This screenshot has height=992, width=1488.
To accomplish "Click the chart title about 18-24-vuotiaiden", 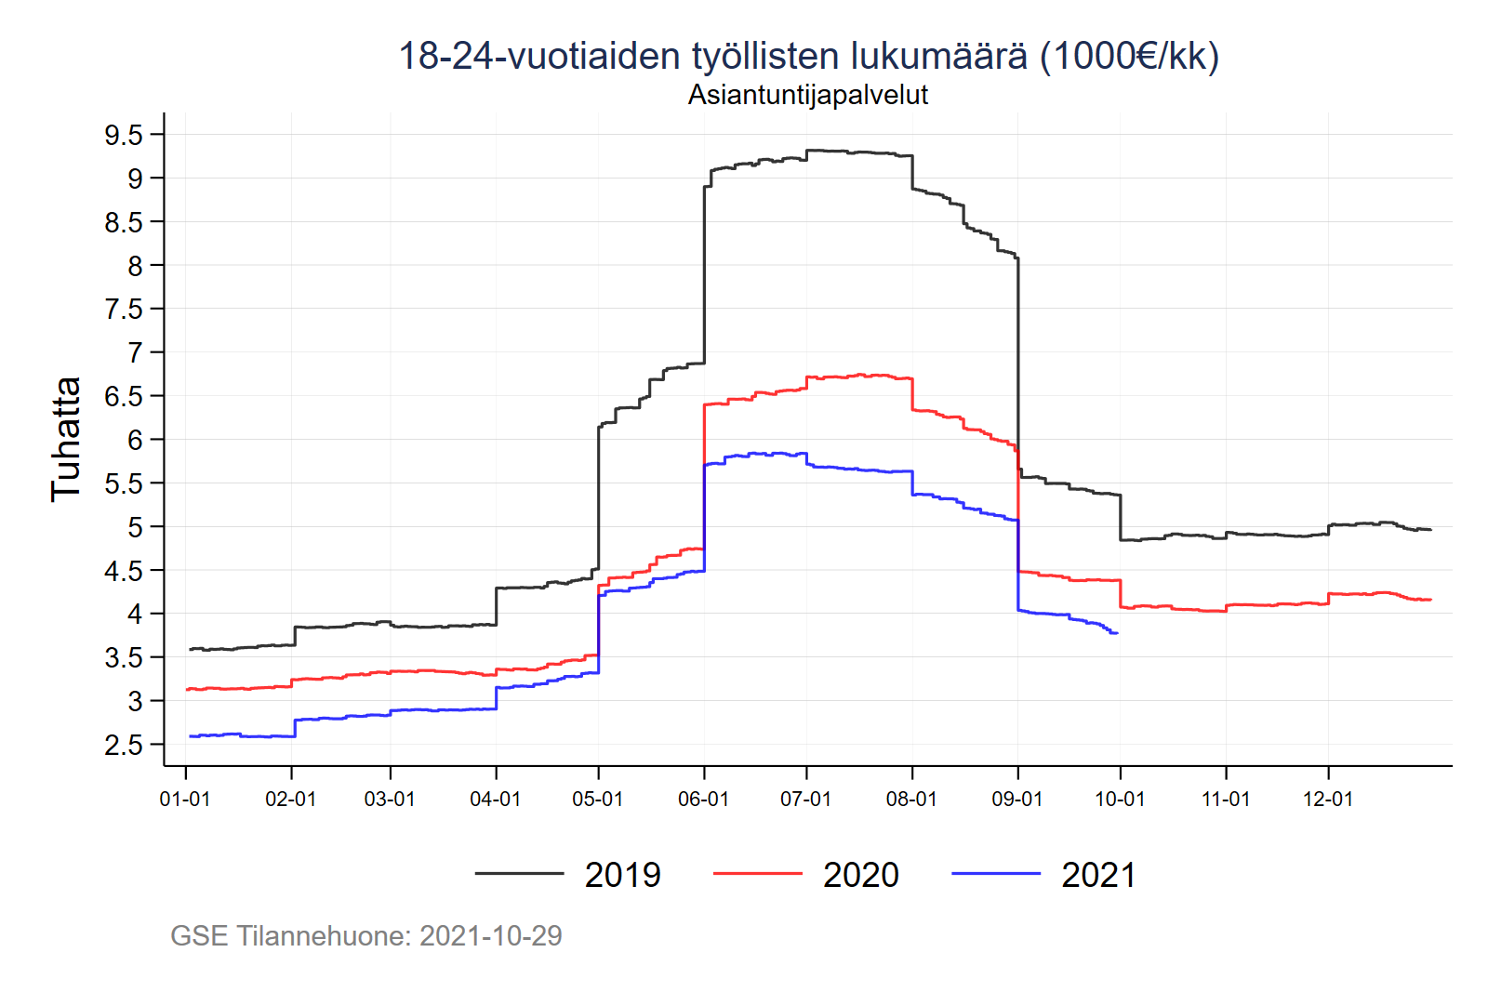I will pyautogui.click(x=808, y=56).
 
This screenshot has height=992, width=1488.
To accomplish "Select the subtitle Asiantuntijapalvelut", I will pyautogui.click(x=808, y=95).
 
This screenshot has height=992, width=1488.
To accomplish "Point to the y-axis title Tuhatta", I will pyautogui.click(x=66, y=439).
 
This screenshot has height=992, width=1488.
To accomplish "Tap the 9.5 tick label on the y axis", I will pyautogui.click(x=124, y=136).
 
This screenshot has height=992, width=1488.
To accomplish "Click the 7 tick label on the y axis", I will pyautogui.click(x=136, y=353).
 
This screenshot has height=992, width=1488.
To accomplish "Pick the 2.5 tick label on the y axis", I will pyautogui.click(x=124, y=746).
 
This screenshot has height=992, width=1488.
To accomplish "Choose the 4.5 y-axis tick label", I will pyautogui.click(x=124, y=571).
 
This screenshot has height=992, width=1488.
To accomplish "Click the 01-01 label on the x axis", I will pyautogui.click(x=185, y=800).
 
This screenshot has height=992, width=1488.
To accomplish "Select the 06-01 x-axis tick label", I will pyautogui.click(x=703, y=800).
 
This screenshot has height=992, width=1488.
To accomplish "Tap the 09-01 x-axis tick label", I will pyautogui.click(x=1017, y=800).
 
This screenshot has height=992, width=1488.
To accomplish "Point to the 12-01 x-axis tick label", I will pyautogui.click(x=1328, y=800).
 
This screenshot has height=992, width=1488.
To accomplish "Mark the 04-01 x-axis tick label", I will pyautogui.click(x=496, y=800).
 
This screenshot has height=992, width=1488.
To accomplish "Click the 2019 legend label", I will pyautogui.click(x=622, y=875).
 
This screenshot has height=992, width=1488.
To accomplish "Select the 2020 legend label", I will pyautogui.click(x=861, y=875).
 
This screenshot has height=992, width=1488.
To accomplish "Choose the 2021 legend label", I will pyautogui.click(x=1099, y=875).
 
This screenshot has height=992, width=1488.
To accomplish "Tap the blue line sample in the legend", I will pyautogui.click(x=996, y=874).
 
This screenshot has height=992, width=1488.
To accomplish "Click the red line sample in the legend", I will pyautogui.click(x=757, y=874).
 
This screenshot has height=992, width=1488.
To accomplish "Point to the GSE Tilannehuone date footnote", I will pyautogui.click(x=366, y=935).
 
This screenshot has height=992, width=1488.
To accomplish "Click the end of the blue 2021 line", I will pyautogui.click(x=1116, y=633).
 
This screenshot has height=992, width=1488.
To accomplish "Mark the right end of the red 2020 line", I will pyautogui.click(x=1430, y=600).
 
